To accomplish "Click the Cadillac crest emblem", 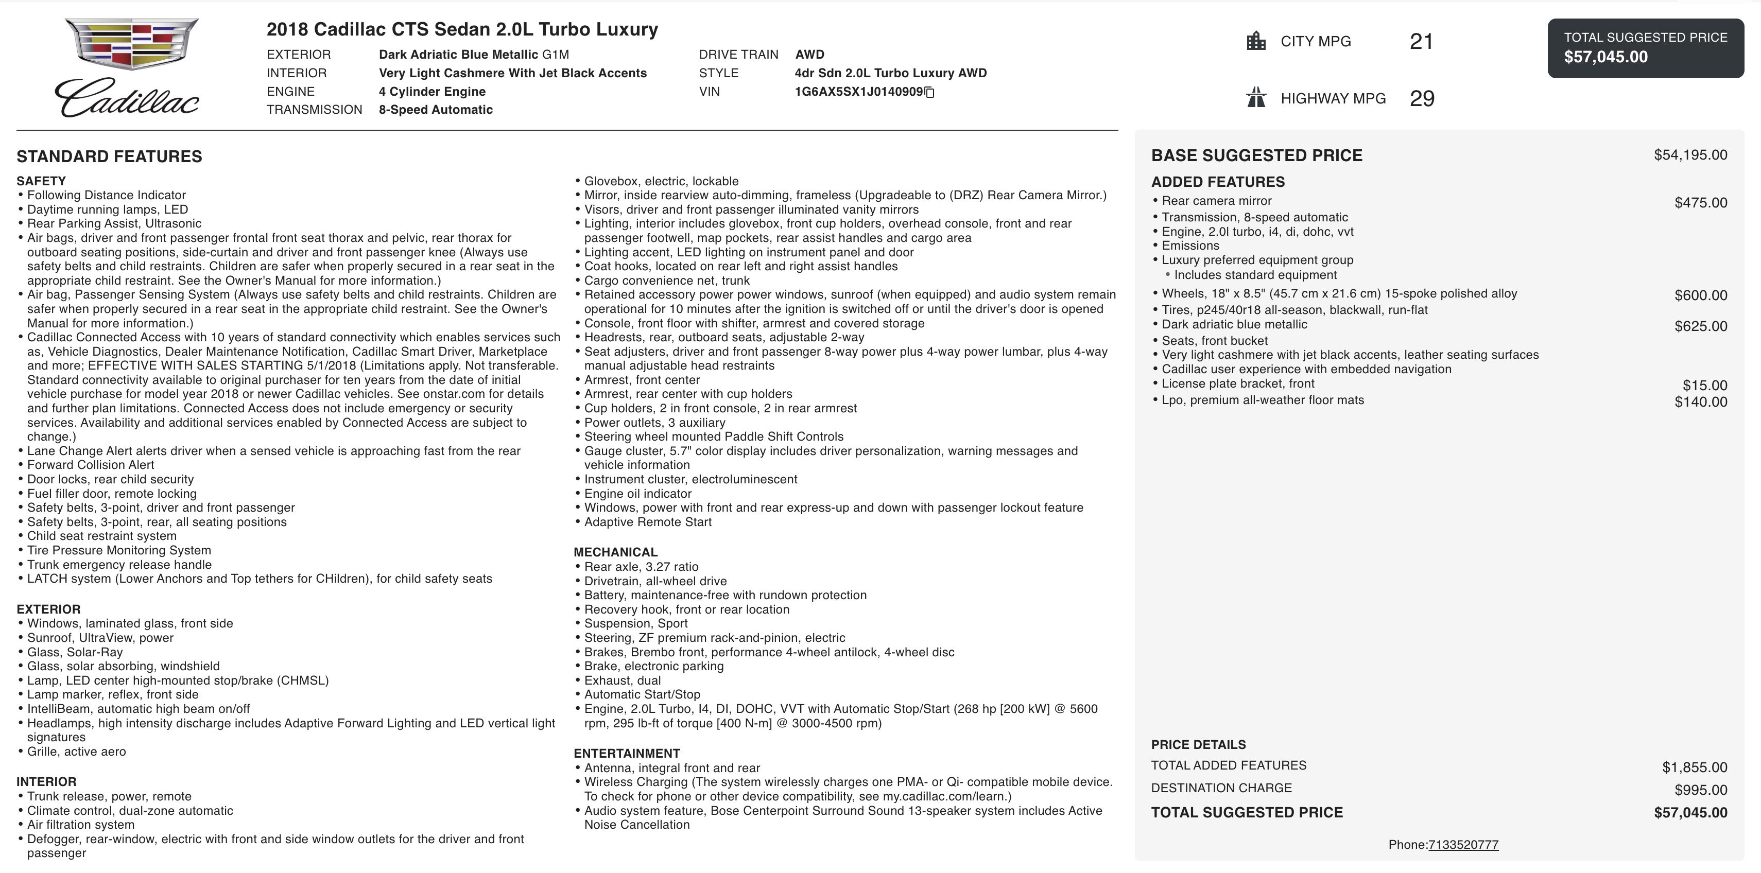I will point(131,43).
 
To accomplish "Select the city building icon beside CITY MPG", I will point(1256,41).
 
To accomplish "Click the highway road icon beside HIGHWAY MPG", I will point(1256,98).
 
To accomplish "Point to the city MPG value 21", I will point(1421,42).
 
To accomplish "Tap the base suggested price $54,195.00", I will point(1690,155).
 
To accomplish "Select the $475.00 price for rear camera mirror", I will point(1700,202).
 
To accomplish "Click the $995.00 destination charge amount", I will point(1700,790).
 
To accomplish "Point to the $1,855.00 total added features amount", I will point(1694,767).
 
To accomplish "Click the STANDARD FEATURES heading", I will point(109,156).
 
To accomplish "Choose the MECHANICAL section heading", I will point(615,552).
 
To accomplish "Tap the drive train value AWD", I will point(809,55).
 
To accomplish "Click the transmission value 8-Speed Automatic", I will point(436,109).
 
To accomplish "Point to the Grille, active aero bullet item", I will point(77,752).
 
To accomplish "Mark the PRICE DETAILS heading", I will point(1198,744).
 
